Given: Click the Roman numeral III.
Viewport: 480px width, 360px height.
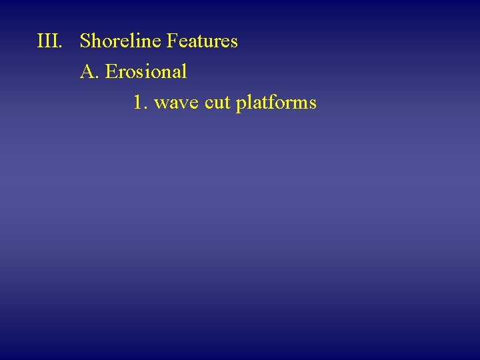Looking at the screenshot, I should coord(49,41).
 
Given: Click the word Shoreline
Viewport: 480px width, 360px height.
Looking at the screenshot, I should coord(121,41).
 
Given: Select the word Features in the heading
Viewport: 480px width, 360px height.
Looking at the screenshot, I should coord(202,41).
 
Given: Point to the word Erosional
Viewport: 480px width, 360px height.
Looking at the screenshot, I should coord(146,71).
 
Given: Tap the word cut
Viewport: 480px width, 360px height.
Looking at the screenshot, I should coord(215,103).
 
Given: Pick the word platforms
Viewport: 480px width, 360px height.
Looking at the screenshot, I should coord(275,103).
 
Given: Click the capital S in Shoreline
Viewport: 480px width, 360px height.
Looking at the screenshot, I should coord(85,41).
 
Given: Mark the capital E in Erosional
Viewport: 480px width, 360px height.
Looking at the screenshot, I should coord(110,71).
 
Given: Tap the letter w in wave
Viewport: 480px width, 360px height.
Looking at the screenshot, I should coord(161,104).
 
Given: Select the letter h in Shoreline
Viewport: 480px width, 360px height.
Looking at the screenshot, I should coord(95,41).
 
